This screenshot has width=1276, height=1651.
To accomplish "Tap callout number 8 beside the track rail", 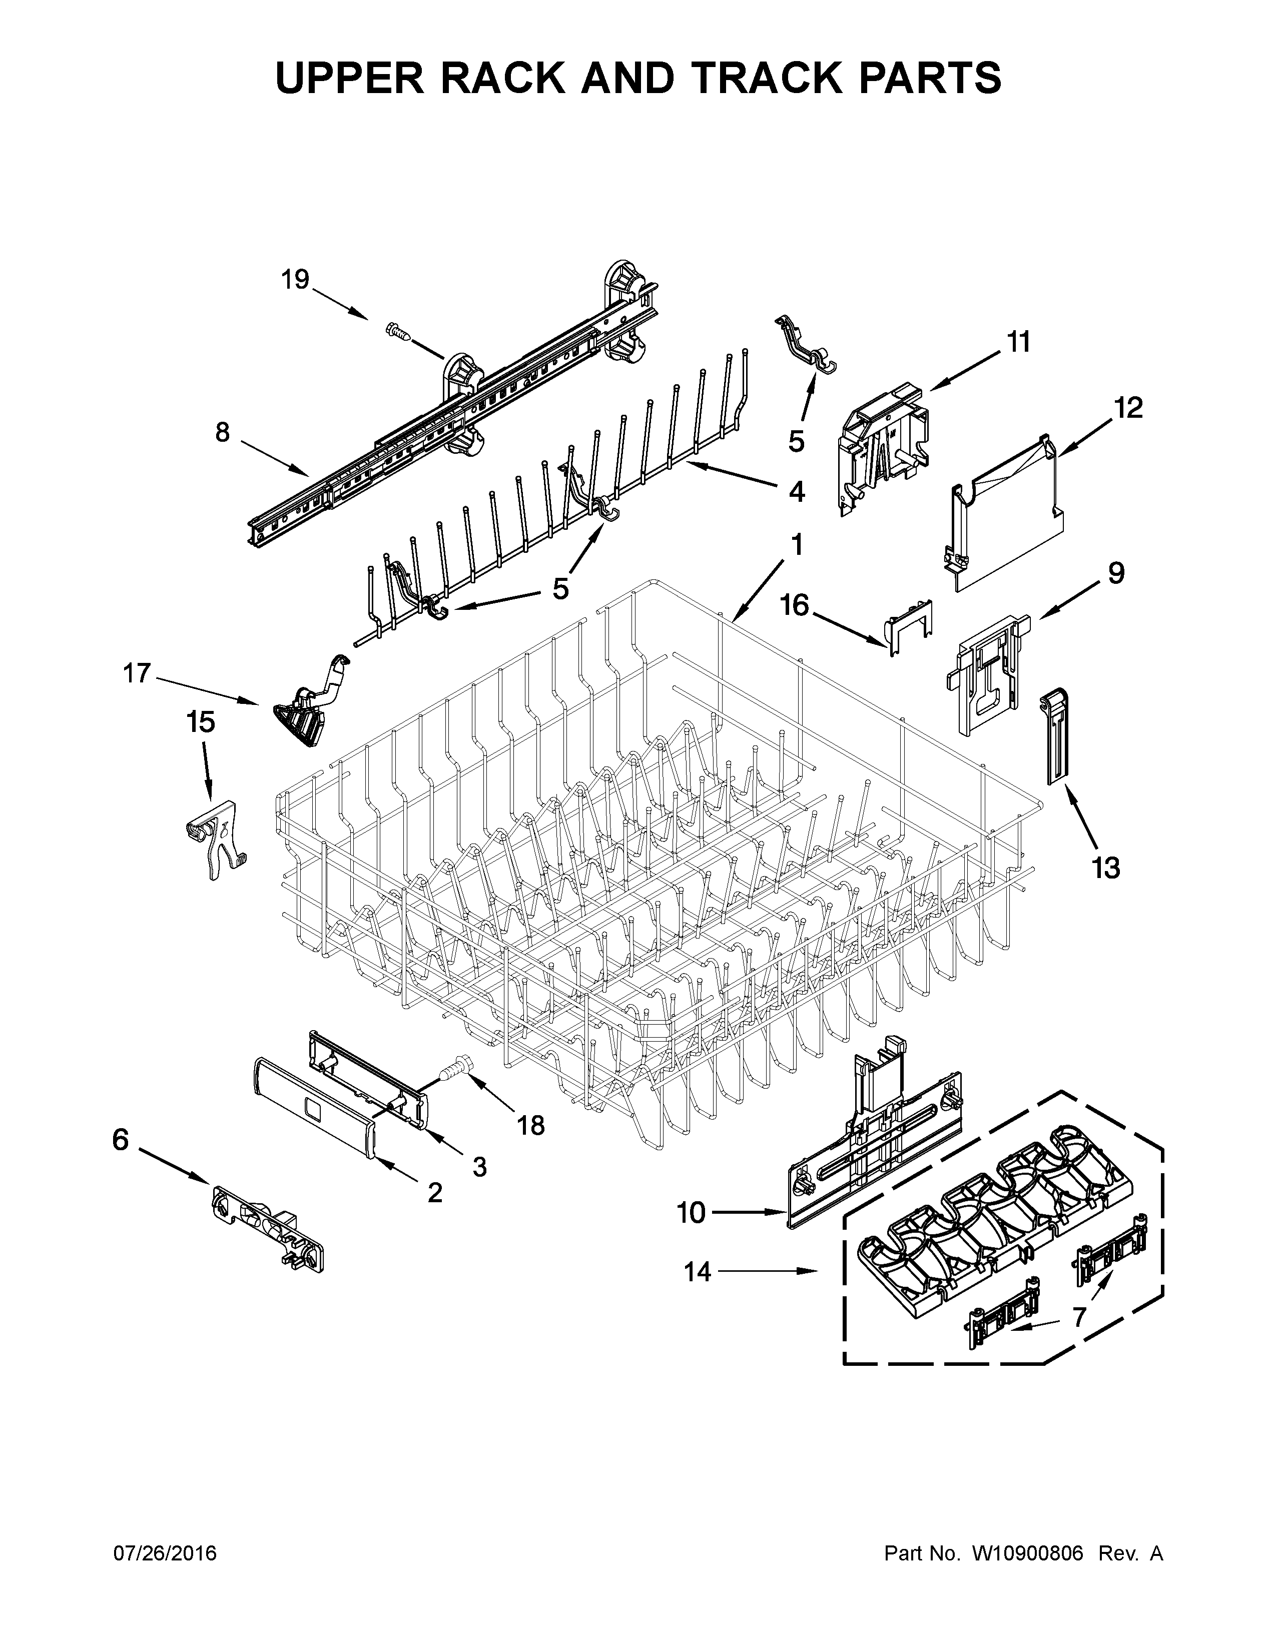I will [x=222, y=433].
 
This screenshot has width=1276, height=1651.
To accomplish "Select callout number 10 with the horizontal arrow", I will [x=690, y=1213].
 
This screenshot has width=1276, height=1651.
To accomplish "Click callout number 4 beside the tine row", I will [x=796, y=492].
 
